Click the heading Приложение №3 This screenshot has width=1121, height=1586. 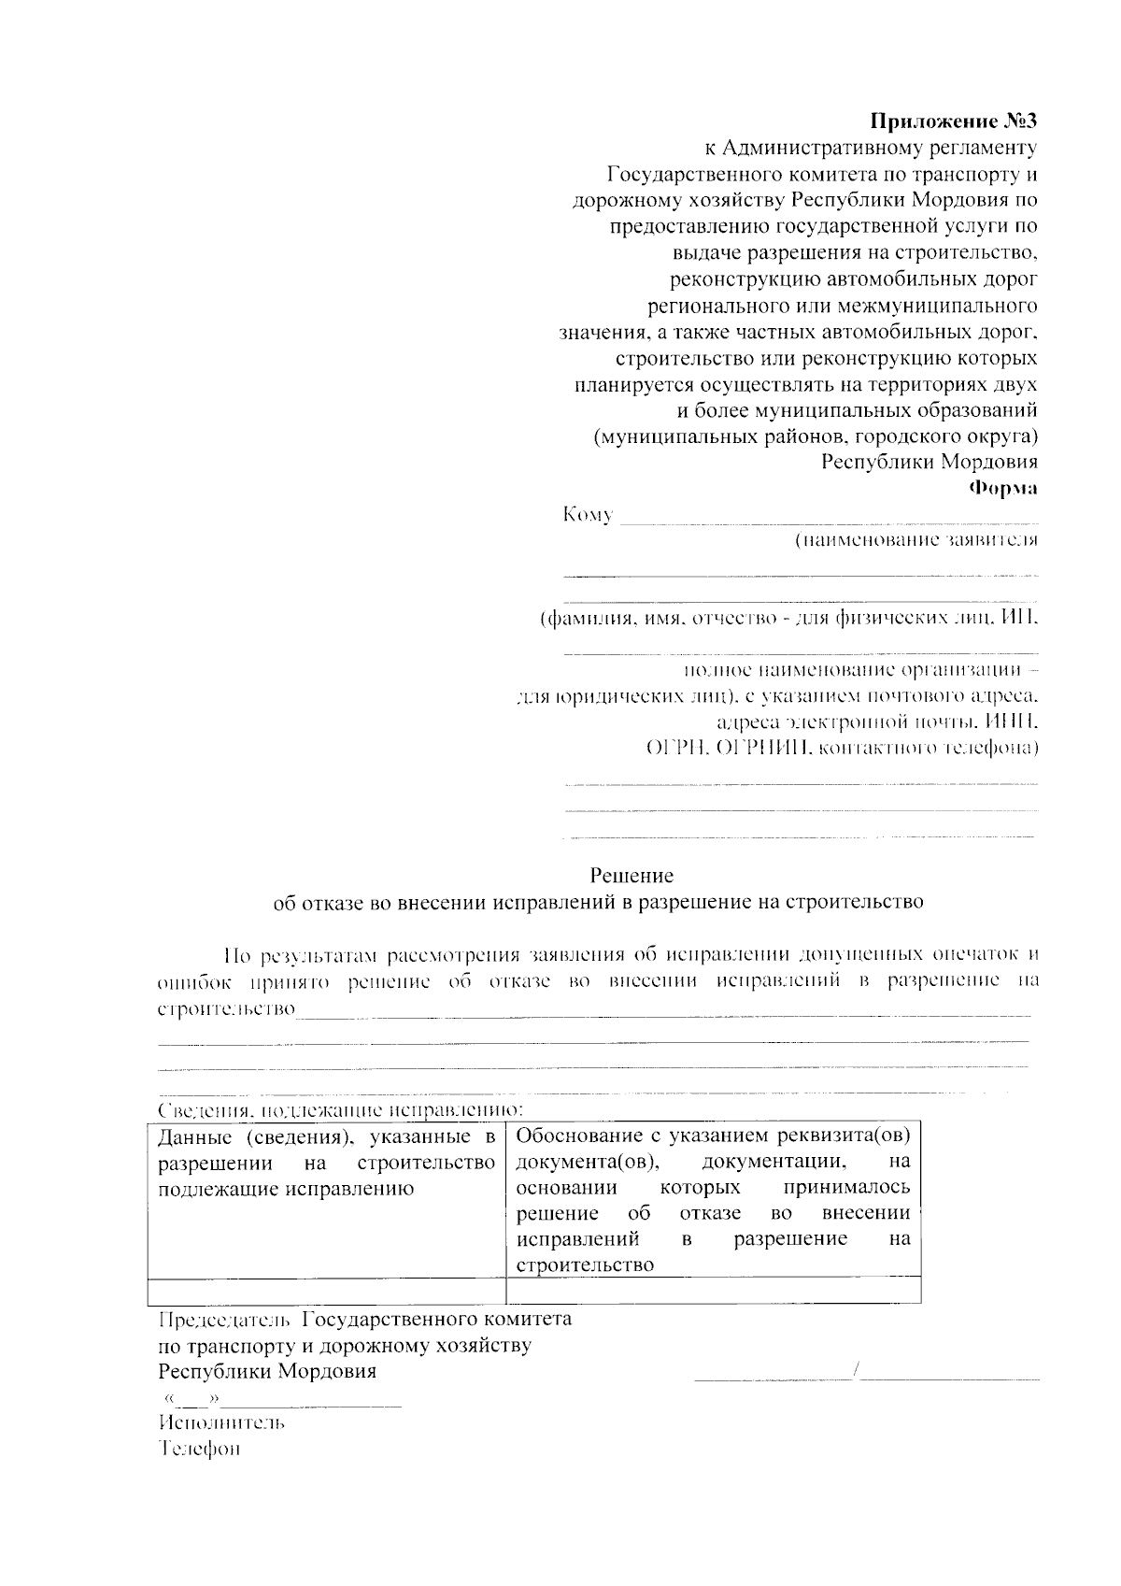953,121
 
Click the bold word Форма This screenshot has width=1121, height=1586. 1002,488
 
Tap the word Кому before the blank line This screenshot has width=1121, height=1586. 588,515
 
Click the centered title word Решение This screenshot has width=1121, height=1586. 631,876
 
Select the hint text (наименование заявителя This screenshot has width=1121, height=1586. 915,540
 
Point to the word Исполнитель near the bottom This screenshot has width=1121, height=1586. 221,1422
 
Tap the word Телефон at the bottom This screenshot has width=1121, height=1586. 199,1449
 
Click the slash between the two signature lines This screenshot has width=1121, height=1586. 858,1372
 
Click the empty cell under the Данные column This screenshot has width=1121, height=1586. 326,1291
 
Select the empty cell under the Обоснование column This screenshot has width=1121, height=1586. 713,1291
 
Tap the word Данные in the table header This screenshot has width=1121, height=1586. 194,1137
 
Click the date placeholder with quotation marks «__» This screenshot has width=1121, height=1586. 191,1399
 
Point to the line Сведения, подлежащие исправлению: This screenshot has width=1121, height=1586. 340,1110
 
